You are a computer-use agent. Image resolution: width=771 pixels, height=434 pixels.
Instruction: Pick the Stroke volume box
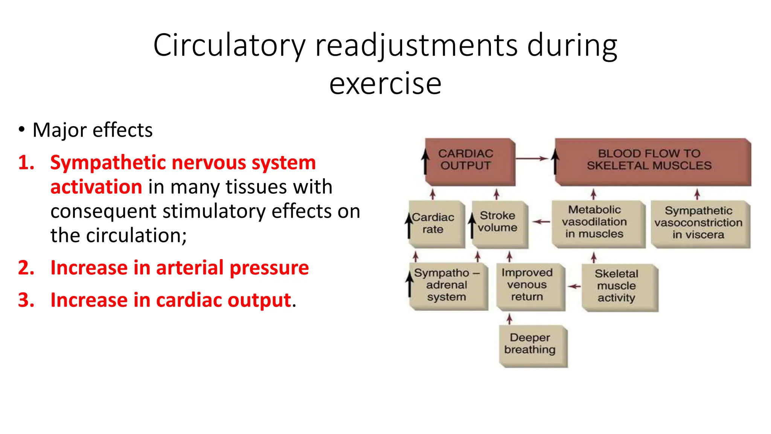[499, 223]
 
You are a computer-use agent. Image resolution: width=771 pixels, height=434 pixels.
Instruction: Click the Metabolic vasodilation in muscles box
[598, 223]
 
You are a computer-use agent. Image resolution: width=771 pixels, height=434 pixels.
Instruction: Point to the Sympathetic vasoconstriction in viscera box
[699, 223]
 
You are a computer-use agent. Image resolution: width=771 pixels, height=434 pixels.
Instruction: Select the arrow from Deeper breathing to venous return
[509, 319]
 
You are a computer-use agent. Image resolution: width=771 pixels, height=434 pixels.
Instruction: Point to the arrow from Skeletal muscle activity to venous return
[574, 287]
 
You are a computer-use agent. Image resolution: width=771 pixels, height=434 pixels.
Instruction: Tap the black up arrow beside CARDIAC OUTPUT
[425, 161]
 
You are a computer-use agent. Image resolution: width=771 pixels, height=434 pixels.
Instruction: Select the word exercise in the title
[385, 84]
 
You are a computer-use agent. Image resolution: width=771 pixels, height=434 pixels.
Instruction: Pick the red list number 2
[26, 268]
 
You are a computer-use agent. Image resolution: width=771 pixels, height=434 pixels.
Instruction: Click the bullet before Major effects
[22, 130]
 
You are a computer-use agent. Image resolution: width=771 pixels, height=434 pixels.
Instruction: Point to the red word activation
[96, 187]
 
